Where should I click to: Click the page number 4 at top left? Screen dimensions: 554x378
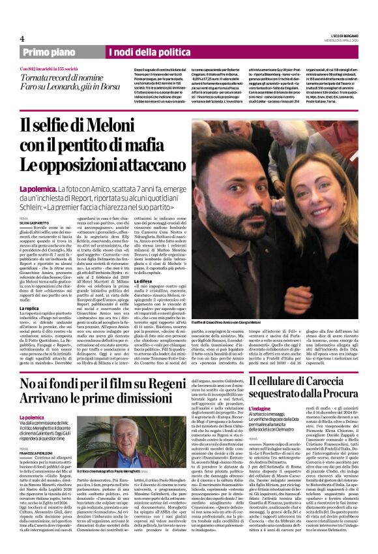22,38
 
